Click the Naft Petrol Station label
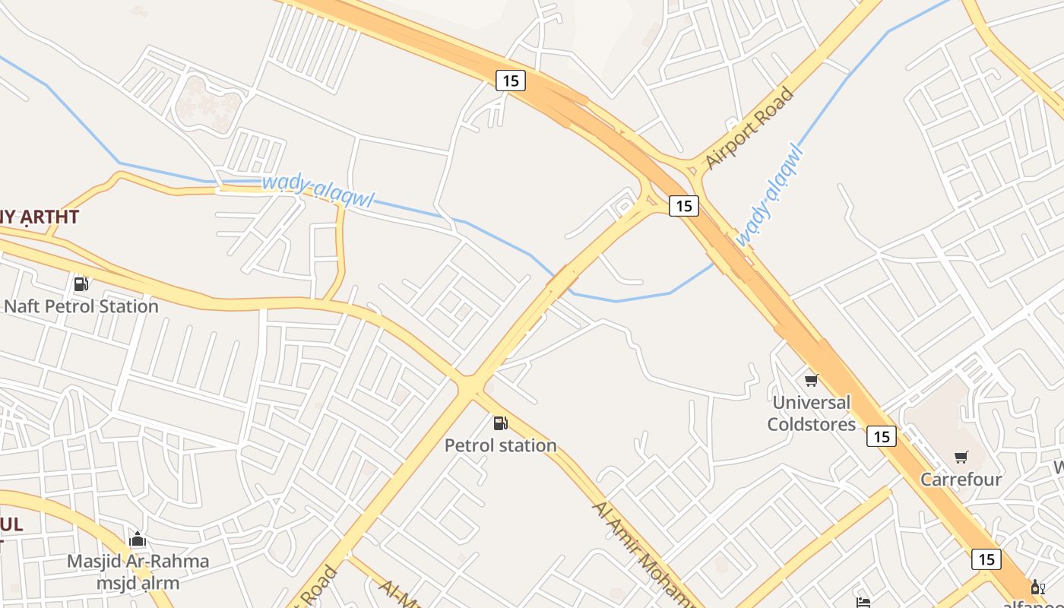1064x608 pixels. coord(81,306)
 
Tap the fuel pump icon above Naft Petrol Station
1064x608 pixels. coord(81,284)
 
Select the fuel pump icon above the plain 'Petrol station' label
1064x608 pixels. coord(500,423)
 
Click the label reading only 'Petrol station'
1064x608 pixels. coord(500,445)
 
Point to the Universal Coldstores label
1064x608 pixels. coord(812,413)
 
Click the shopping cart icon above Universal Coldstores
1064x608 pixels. coord(811,380)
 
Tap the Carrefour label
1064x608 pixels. coord(961,480)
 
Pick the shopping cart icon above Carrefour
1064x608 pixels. coord(961,457)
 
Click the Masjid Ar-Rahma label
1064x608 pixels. coord(138,562)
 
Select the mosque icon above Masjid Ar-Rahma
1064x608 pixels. coord(138,540)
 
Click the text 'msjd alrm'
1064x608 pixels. coord(138,583)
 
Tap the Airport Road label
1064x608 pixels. coord(749,128)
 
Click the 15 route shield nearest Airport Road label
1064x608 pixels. coord(684,205)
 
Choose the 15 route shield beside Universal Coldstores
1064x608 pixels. coord(881,436)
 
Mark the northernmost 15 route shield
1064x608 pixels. coord(511,80)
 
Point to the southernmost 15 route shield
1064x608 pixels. coord(986,559)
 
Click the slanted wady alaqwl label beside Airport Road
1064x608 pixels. coord(769,195)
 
